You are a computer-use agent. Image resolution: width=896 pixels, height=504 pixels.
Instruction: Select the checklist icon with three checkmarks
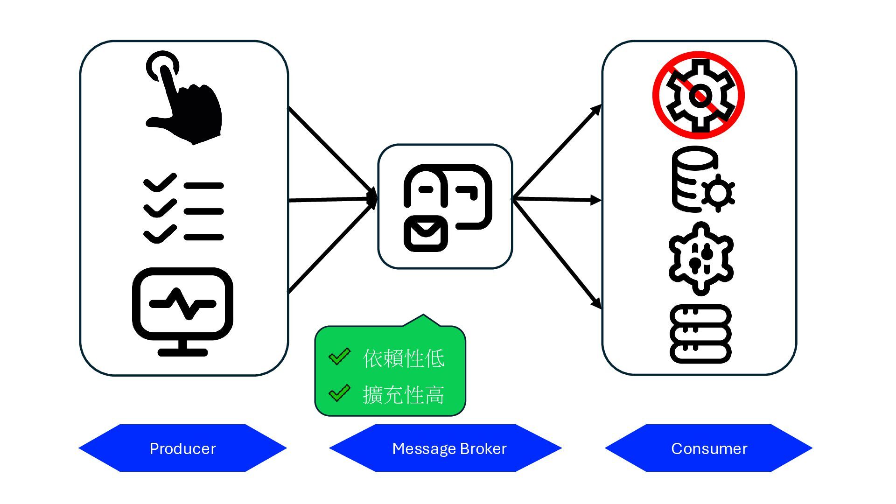click(x=183, y=209)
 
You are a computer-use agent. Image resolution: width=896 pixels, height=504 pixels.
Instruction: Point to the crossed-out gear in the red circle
click(x=698, y=95)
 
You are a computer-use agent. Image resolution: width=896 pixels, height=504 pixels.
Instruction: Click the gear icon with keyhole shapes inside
click(x=700, y=258)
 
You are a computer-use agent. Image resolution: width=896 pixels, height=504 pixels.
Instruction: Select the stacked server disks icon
click(x=700, y=334)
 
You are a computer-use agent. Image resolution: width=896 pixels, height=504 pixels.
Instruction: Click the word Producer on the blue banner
click(x=182, y=448)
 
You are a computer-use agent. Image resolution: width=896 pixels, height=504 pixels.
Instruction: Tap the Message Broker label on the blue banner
click(x=449, y=448)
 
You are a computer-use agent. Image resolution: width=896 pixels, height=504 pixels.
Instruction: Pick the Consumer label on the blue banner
click(x=709, y=448)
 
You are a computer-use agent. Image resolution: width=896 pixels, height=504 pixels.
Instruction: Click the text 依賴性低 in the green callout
click(x=404, y=358)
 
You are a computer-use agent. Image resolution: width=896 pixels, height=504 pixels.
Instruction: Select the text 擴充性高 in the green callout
click(x=404, y=395)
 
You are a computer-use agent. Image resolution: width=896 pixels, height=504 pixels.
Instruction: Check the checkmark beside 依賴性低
click(x=339, y=357)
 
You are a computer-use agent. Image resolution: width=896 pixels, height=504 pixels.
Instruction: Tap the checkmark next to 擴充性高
click(x=339, y=393)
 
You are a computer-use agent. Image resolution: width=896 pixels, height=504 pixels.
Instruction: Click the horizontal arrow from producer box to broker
click(x=331, y=200)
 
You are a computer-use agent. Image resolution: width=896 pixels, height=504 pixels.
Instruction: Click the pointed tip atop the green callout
click(x=423, y=317)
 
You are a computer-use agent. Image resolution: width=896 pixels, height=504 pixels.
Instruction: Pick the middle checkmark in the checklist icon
click(x=160, y=208)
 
